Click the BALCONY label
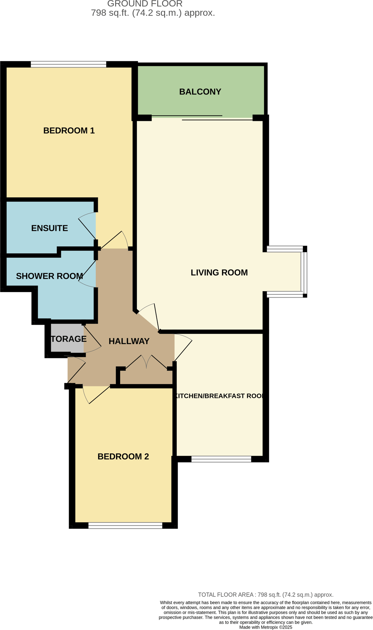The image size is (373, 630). tap(200, 92)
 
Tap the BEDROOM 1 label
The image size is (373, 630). tap(69, 131)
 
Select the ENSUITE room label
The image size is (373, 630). tap(50, 228)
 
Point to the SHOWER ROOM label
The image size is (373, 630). tap(49, 276)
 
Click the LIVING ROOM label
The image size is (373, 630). tap(219, 272)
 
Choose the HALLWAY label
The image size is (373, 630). tap(129, 341)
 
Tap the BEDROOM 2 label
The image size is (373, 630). tap(123, 456)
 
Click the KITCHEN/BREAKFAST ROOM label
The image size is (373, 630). tap(219, 396)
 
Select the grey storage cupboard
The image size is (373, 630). tap(67, 338)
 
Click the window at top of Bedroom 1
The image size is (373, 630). tap(68, 64)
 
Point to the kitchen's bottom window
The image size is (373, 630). tap(221, 459)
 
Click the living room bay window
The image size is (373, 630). tap(303, 272)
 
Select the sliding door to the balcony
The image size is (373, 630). tap(202, 118)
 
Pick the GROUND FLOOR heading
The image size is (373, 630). tap(145, 4)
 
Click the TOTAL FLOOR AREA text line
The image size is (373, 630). tap(265, 595)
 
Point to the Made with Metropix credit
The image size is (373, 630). tap(265, 627)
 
